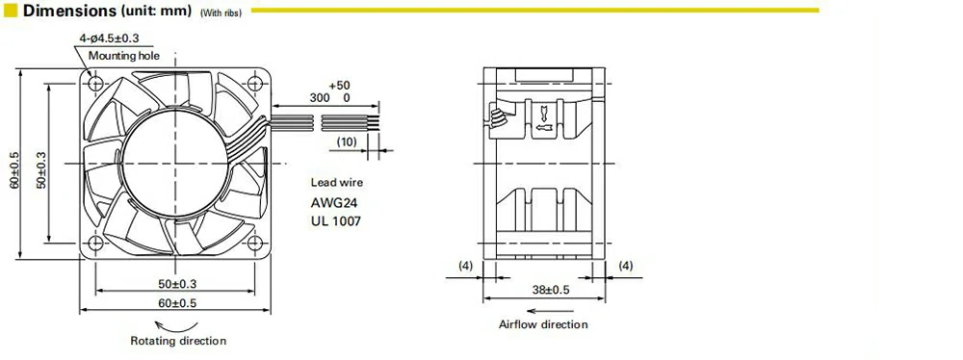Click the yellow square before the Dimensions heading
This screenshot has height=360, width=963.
pos(11,11)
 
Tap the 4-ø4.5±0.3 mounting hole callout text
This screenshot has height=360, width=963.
pos(109,39)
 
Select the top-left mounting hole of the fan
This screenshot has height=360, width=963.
pos(95,83)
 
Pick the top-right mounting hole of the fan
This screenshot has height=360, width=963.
pos(254,83)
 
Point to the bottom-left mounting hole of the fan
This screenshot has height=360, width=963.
pos(95,243)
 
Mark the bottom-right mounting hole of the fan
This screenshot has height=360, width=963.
pos(254,243)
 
